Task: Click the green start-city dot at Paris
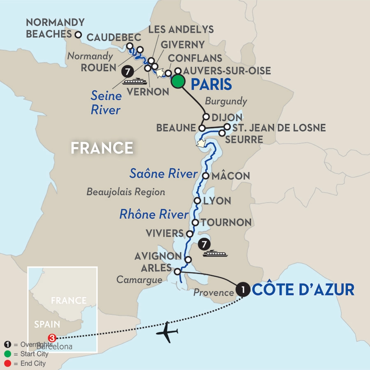(178, 81)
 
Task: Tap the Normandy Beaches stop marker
(78, 35)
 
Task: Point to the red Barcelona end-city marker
(52, 338)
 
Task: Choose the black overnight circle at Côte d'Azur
(243, 290)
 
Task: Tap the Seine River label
(106, 103)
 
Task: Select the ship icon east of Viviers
(215, 253)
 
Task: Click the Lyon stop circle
(197, 201)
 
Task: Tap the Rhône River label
(154, 214)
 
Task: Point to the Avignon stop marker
(188, 259)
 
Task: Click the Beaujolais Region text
(126, 192)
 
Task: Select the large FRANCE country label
(102, 148)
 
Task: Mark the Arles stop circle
(178, 271)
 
